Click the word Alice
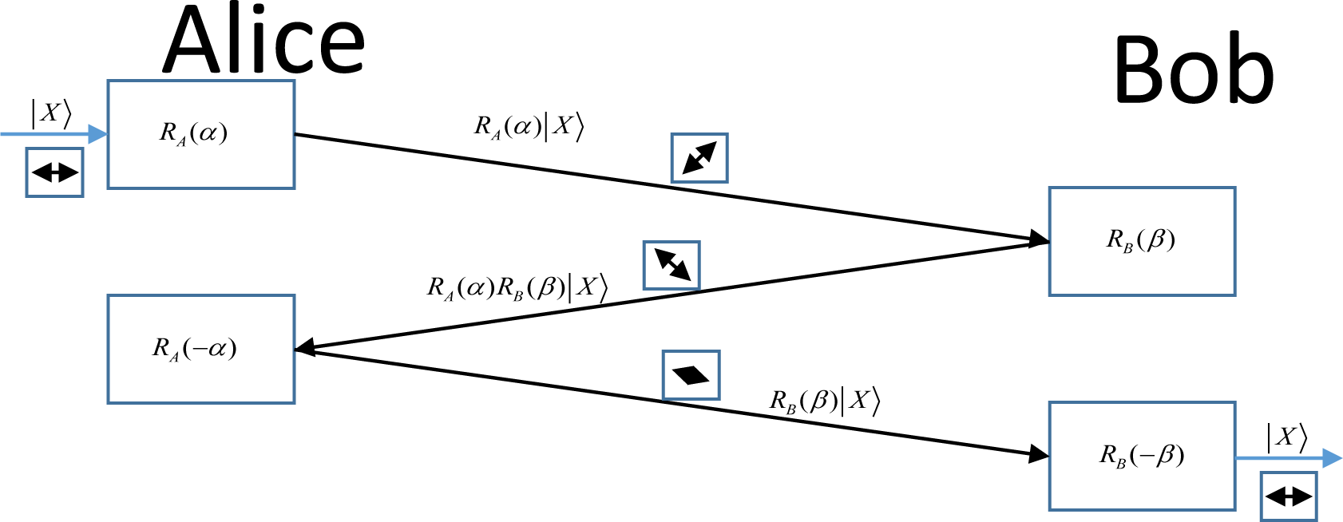[263, 42]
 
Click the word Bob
[1193, 70]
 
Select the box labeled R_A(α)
[200, 134]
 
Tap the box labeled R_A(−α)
[200, 349]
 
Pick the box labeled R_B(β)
[1142, 241]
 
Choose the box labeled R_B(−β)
[1142, 456]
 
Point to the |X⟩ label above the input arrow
[51, 113]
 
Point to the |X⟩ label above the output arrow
[1286, 437]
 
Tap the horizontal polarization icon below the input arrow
[54, 172]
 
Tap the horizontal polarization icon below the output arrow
[1289, 496]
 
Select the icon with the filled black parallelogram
[691, 374]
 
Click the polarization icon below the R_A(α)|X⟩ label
[699, 157]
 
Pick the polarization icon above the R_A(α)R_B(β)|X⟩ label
[671, 265]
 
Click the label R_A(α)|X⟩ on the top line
[529, 127]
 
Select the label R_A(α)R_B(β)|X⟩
[517, 287]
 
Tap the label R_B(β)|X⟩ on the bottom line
[824, 401]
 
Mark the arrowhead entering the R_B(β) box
[1040, 239]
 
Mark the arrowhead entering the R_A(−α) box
[305, 348]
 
